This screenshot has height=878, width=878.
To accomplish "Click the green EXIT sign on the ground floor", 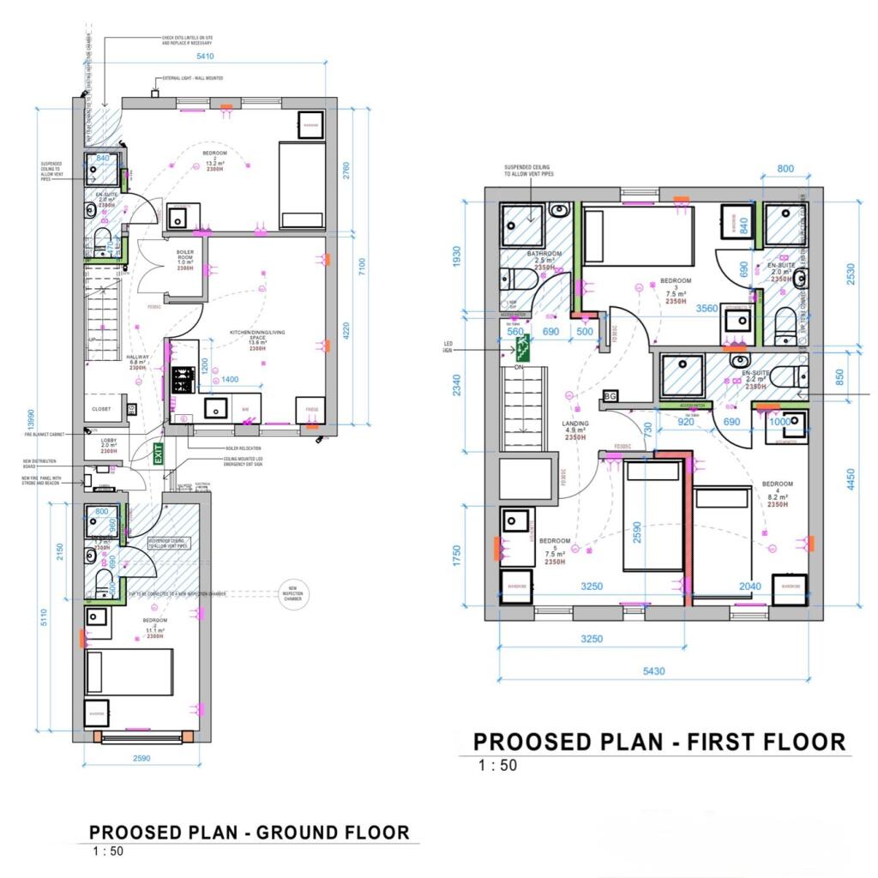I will pyautogui.click(x=159, y=454).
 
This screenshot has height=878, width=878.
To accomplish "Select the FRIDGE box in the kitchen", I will pyautogui.click(x=311, y=410).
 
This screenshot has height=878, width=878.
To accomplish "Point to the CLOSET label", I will pyautogui.click(x=101, y=409).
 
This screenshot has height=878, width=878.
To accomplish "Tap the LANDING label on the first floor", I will pyautogui.click(x=574, y=424).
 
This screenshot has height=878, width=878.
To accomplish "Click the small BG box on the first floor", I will pyautogui.click(x=610, y=396).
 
